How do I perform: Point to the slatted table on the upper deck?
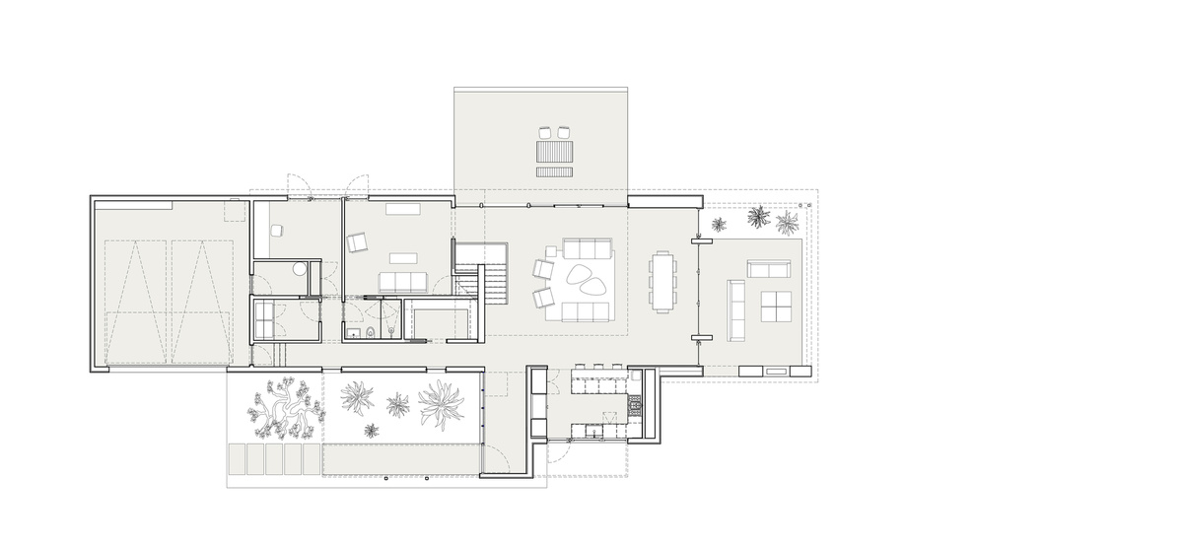point(554,152)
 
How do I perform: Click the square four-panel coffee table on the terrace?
point(776,307)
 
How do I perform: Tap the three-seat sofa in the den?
point(401,283)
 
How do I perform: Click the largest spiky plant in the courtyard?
point(439,404)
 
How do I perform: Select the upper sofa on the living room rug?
point(588,249)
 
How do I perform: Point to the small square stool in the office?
point(277,230)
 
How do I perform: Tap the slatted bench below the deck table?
point(554,171)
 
